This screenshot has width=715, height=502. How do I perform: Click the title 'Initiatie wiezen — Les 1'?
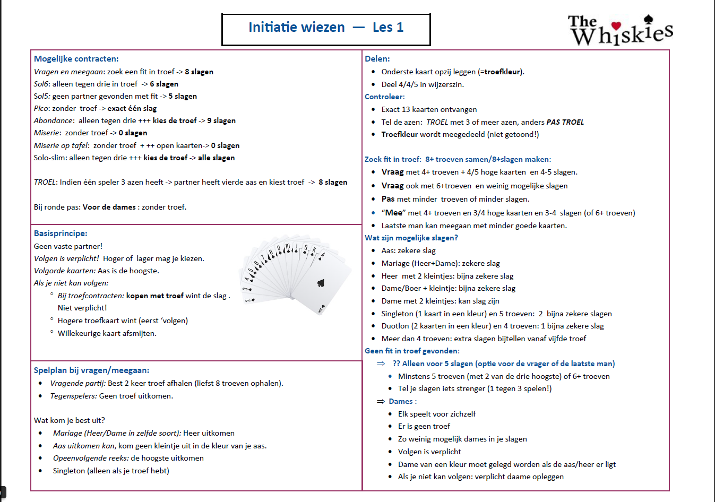(x=325, y=28)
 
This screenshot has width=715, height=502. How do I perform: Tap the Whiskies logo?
(x=620, y=30)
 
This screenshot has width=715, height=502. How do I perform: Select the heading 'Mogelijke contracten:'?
(x=76, y=59)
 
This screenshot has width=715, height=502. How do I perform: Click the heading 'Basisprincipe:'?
(x=61, y=233)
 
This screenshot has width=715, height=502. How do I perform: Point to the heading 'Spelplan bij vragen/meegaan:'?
(x=91, y=370)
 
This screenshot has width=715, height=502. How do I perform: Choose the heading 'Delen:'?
(x=377, y=59)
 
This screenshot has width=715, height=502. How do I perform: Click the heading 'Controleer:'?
(x=384, y=97)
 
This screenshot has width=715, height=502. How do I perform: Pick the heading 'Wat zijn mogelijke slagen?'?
(x=411, y=238)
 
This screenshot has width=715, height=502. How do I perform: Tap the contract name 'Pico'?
(x=42, y=109)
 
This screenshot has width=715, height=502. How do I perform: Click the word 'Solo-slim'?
(x=50, y=158)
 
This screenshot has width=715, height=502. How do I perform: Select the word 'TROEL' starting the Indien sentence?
(x=45, y=183)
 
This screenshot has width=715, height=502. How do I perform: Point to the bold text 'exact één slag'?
(x=132, y=109)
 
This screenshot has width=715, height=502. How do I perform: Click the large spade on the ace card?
(x=321, y=283)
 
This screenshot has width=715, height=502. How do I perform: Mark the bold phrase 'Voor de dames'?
(x=109, y=207)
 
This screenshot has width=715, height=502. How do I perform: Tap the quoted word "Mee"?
(x=393, y=213)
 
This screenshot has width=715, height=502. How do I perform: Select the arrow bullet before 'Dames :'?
(x=381, y=402)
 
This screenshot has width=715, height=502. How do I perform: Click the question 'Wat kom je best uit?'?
(x=70, y=420)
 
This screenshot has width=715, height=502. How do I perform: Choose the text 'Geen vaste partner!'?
(x=68, y=246)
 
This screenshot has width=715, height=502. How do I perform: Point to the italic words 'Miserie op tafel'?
(x=61, y=146)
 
